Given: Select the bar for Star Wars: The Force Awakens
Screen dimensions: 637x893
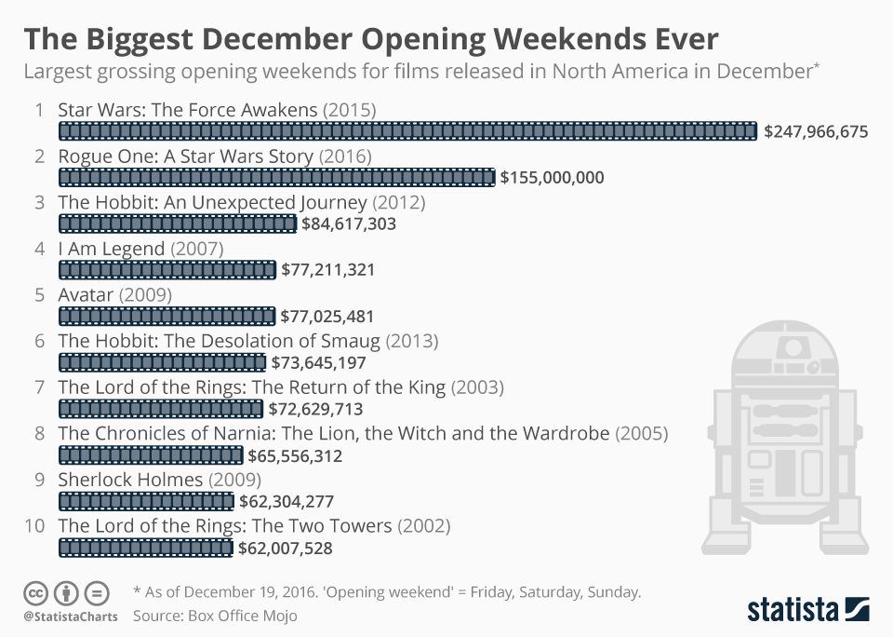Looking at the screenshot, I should (407, 131).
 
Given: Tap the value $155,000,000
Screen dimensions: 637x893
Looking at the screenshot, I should (552, 178).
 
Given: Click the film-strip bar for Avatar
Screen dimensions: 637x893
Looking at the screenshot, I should (167, 317).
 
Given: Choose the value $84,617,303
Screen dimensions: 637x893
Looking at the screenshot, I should (349, 224).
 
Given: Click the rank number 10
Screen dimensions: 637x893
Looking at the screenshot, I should (34, 526).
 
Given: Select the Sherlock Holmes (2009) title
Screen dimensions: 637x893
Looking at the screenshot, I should (159, 480).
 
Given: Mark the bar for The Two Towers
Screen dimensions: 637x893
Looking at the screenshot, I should (145, 549).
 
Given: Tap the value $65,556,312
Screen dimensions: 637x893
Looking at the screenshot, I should (295, 456).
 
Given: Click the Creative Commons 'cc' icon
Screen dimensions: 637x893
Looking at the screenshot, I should (36, 593).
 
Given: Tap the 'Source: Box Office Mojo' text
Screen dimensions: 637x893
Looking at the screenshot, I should (215, 617).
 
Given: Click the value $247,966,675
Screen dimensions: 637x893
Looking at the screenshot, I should (816, 132).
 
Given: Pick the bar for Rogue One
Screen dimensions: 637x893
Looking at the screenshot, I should (276, 178).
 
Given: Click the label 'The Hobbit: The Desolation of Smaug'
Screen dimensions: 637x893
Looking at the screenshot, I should (247, 341).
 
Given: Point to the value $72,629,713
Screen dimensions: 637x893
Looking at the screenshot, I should (315, 410).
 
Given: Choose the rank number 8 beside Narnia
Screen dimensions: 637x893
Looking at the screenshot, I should (39, 433).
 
